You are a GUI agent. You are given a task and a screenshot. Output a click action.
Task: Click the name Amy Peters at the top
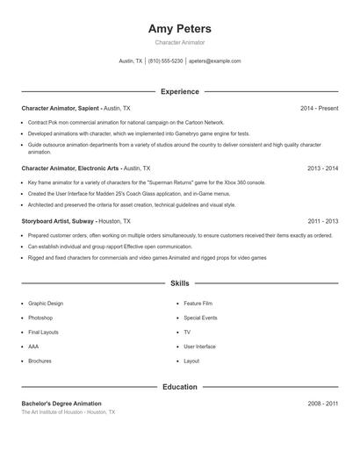[180, 29]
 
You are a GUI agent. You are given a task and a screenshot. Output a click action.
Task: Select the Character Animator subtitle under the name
[180, 43]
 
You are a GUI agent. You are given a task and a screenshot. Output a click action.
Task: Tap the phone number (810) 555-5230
[165, 61]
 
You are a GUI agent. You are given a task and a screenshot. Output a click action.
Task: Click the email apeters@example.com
[214, 61]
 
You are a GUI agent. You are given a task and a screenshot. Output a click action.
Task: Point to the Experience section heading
[180, 91]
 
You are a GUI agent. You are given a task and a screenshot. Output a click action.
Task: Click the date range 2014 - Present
[319, 108]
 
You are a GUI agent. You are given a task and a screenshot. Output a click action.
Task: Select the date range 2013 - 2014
[323, 168]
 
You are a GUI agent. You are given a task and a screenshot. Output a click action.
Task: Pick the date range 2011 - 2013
[323, 222]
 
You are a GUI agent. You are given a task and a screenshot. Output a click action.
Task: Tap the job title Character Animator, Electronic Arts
[70, 168]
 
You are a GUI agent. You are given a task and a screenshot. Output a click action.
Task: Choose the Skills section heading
[180, 283]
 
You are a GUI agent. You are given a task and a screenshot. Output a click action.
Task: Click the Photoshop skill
[40, 318]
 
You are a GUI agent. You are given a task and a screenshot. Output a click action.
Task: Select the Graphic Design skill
[46, 303]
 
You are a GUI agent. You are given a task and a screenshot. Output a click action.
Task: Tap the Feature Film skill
[198, 303]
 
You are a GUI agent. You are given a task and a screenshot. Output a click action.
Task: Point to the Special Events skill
[200, 318]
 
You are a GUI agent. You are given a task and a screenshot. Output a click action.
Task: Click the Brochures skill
[40, 361]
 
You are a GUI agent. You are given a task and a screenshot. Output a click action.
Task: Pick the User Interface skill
[199, 347]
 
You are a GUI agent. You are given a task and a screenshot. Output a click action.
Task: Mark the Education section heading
[180, 386]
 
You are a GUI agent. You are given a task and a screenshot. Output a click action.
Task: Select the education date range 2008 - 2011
[323, 403]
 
